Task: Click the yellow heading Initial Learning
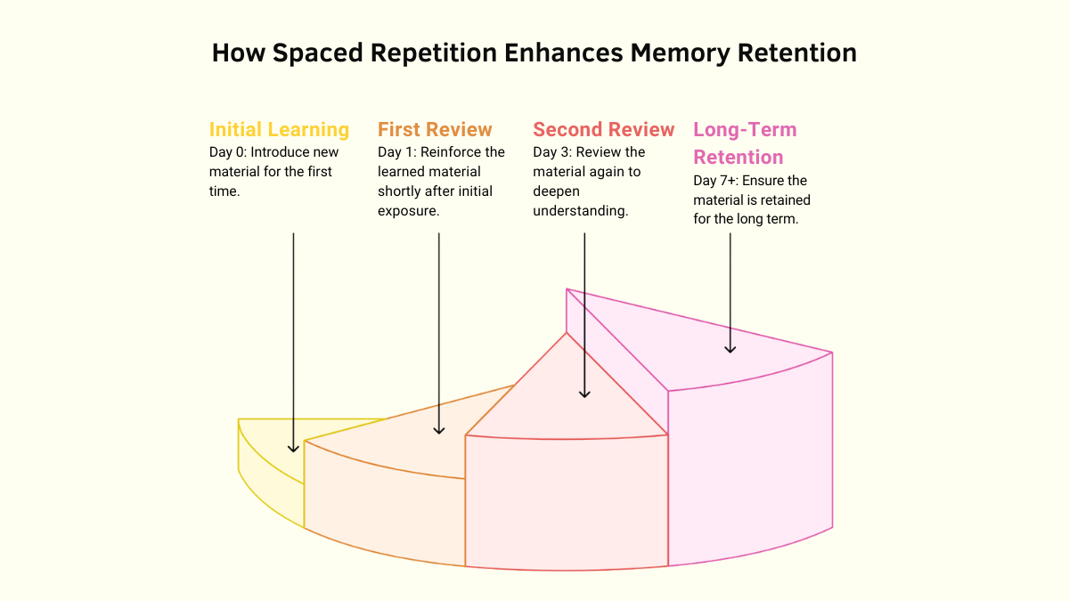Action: (x=279, y=130)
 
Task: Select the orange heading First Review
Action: (x=435, y=130)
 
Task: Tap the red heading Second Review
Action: (x=603, y=130)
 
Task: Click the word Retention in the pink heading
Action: (x=739, y=158)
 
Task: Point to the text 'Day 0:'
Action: (x=227, y=152)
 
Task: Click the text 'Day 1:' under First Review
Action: (x=396, y=152)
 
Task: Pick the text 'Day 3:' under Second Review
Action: (x=551, y=152)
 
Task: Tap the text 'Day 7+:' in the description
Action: (x=715, y=181)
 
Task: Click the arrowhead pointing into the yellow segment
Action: (x=293, y=448)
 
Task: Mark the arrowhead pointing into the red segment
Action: (x=584, y=393)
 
